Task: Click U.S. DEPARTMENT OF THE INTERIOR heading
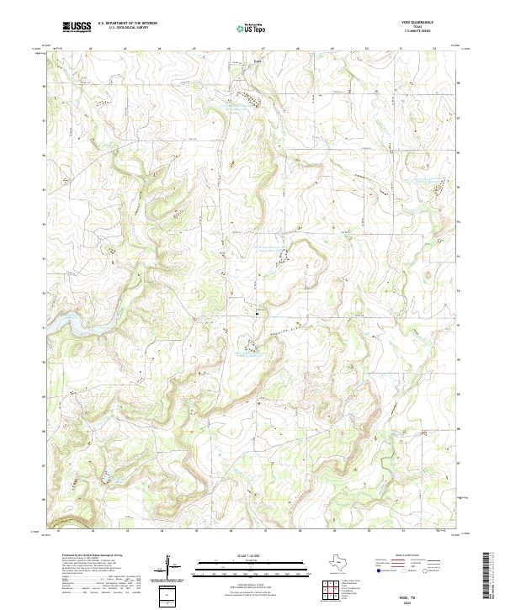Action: (127, 24)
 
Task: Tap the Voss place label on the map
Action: (258, 61)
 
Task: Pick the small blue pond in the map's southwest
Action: (107, 480)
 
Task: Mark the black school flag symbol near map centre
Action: (257, 310)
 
